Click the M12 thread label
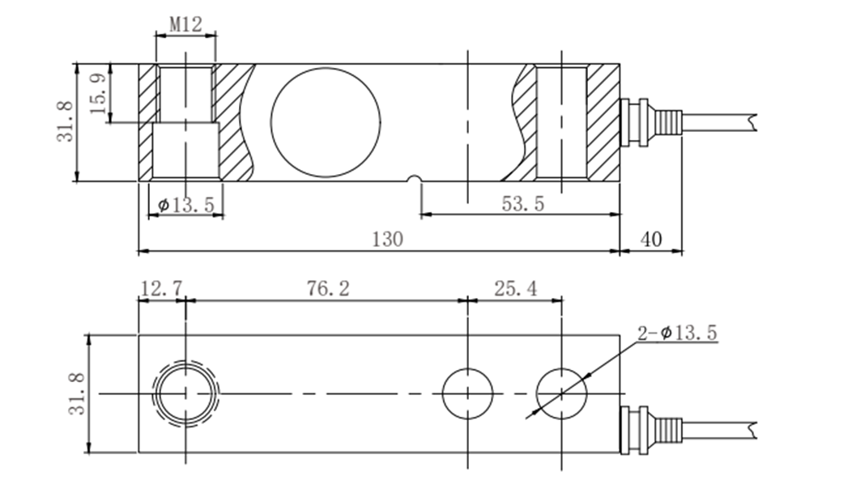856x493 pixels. click(185, 24)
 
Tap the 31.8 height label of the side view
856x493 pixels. click(66, 122)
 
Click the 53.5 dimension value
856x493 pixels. click(522, 204)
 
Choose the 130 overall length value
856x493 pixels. click(387, 240)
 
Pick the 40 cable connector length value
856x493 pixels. click(652, 240)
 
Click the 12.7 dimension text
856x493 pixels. click(161, 288)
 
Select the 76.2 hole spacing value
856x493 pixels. click(327, 288)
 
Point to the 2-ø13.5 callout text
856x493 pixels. click(677, 332)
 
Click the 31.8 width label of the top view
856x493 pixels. click(77, 394)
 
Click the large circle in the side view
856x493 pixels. click(325, 121)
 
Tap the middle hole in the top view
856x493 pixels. click(468, 393)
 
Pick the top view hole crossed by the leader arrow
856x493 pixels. click(562, 393)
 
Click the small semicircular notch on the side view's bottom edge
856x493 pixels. click(415, 179)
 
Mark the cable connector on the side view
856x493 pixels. click(648, 122)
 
